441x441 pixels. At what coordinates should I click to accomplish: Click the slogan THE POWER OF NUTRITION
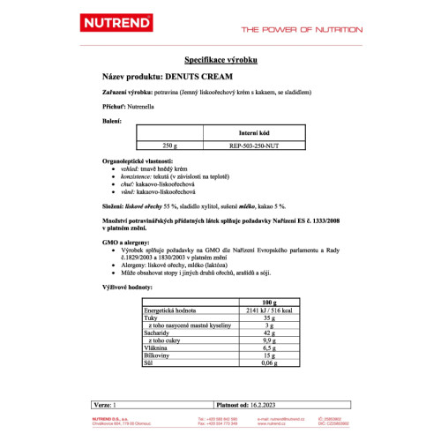click(302, 29)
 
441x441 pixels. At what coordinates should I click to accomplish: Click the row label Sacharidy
click(159, 334)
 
